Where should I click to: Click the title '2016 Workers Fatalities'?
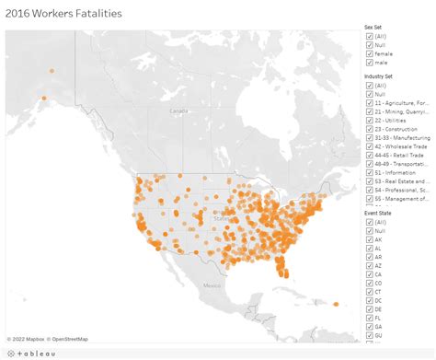(63, 14)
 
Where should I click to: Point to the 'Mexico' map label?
(212, 285)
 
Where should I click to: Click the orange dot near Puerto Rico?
(336, 305)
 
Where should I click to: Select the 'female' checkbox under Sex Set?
(368, 54)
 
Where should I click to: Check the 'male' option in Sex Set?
(368, 64)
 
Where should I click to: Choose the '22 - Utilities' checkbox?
(368, 121)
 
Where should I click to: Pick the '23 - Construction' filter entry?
(368, 129)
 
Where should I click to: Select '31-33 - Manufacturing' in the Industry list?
(368, 138)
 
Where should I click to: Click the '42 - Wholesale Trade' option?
(368, 146)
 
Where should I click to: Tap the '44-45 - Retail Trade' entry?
(368, 156)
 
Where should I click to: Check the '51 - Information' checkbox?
(368, 173)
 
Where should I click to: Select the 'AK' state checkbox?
(368, 239)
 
